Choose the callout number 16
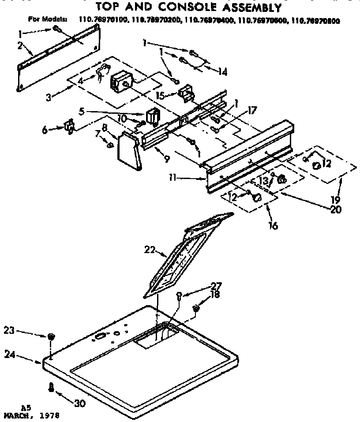(273, 226)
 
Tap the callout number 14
(223, 71)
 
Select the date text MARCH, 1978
(30, 415)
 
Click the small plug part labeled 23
(51, 337)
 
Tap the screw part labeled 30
(51, 387)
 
